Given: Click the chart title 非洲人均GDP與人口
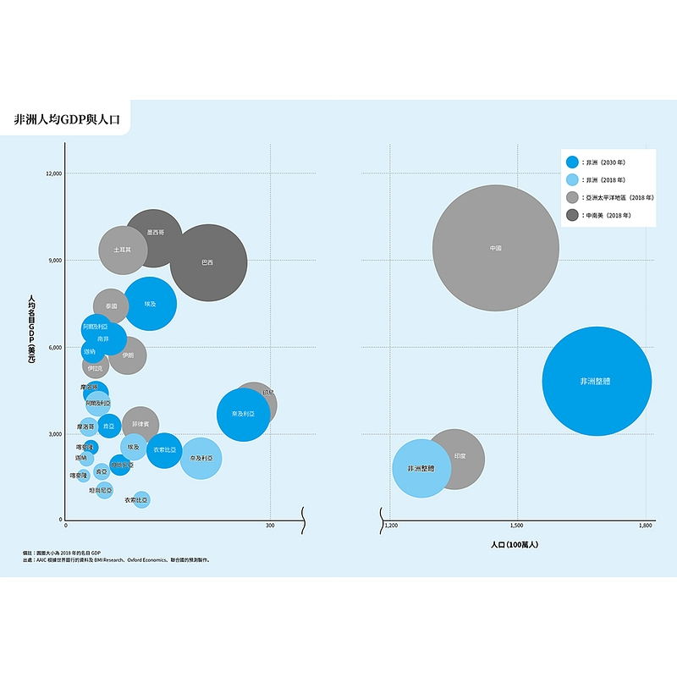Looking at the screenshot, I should coord(67,120).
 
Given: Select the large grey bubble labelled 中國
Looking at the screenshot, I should coord(496,248).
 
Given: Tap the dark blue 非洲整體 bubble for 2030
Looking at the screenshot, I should coord(596,382).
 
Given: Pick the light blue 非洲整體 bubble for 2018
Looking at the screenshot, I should coord(421,468).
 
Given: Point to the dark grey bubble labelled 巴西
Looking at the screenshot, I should coord(208,262).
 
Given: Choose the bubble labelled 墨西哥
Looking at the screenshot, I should coord(155,232).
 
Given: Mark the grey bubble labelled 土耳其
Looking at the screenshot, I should coord(123,250).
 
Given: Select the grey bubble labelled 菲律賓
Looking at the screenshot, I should coord(140,423).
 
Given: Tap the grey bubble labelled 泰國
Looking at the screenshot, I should coord(110,305).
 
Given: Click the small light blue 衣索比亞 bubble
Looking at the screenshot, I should coord(140,500).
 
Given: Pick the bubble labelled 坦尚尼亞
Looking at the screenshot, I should coord(103,490).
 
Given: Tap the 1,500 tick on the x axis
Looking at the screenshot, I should coord(517,526).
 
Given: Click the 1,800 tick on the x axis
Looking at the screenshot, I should coord(645,526).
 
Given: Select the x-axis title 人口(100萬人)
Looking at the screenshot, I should coord(515,544).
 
